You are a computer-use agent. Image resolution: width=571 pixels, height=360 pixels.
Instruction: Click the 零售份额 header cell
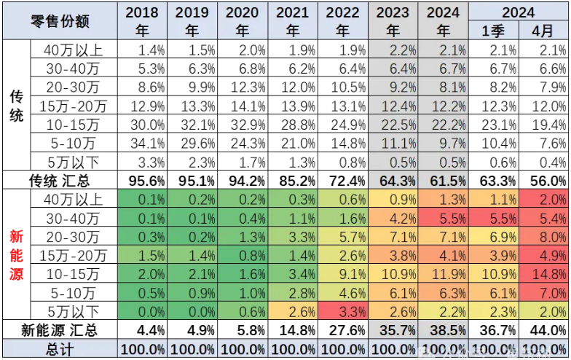(x=60, y=21)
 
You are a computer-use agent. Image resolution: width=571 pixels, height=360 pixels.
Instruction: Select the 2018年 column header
(x=142, y=21)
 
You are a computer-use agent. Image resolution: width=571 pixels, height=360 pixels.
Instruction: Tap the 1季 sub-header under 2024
(x=493, y=31)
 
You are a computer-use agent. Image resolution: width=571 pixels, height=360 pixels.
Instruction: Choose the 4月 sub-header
(x=543, y=31)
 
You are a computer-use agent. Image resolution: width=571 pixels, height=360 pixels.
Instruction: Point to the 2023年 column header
(x=393, y=21)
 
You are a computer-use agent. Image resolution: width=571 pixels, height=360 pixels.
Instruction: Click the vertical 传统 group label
(x=15, y=106)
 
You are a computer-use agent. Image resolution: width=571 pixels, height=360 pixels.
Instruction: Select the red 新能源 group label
(x=15, y=255)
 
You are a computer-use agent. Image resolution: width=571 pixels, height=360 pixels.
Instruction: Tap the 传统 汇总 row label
(x=60, y=179)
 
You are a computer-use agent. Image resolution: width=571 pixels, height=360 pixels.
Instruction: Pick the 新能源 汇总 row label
(x=60, y=329)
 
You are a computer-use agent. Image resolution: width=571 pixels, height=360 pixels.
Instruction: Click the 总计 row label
(x=60, y=348)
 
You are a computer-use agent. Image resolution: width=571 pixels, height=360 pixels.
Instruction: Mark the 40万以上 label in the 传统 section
(x=74, y=50)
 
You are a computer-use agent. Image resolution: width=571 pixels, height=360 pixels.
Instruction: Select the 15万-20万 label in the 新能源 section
(x=74, y=255)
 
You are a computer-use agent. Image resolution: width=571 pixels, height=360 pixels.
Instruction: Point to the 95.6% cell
(x=142, y=179)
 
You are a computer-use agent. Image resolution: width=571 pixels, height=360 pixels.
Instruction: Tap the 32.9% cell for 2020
(x=243, y=124)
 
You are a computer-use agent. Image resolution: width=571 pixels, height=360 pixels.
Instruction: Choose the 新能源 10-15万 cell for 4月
(x=543, y=274)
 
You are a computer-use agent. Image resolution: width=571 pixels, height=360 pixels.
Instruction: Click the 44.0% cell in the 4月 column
(x=543, y=329)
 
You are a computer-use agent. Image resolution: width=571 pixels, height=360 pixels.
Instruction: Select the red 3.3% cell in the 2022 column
(x=342, y=311)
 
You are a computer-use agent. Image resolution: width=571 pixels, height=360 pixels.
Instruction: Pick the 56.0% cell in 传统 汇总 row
(x=543, y=179)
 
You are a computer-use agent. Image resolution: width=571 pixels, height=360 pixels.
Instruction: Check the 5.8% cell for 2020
(x=243, y=329)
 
